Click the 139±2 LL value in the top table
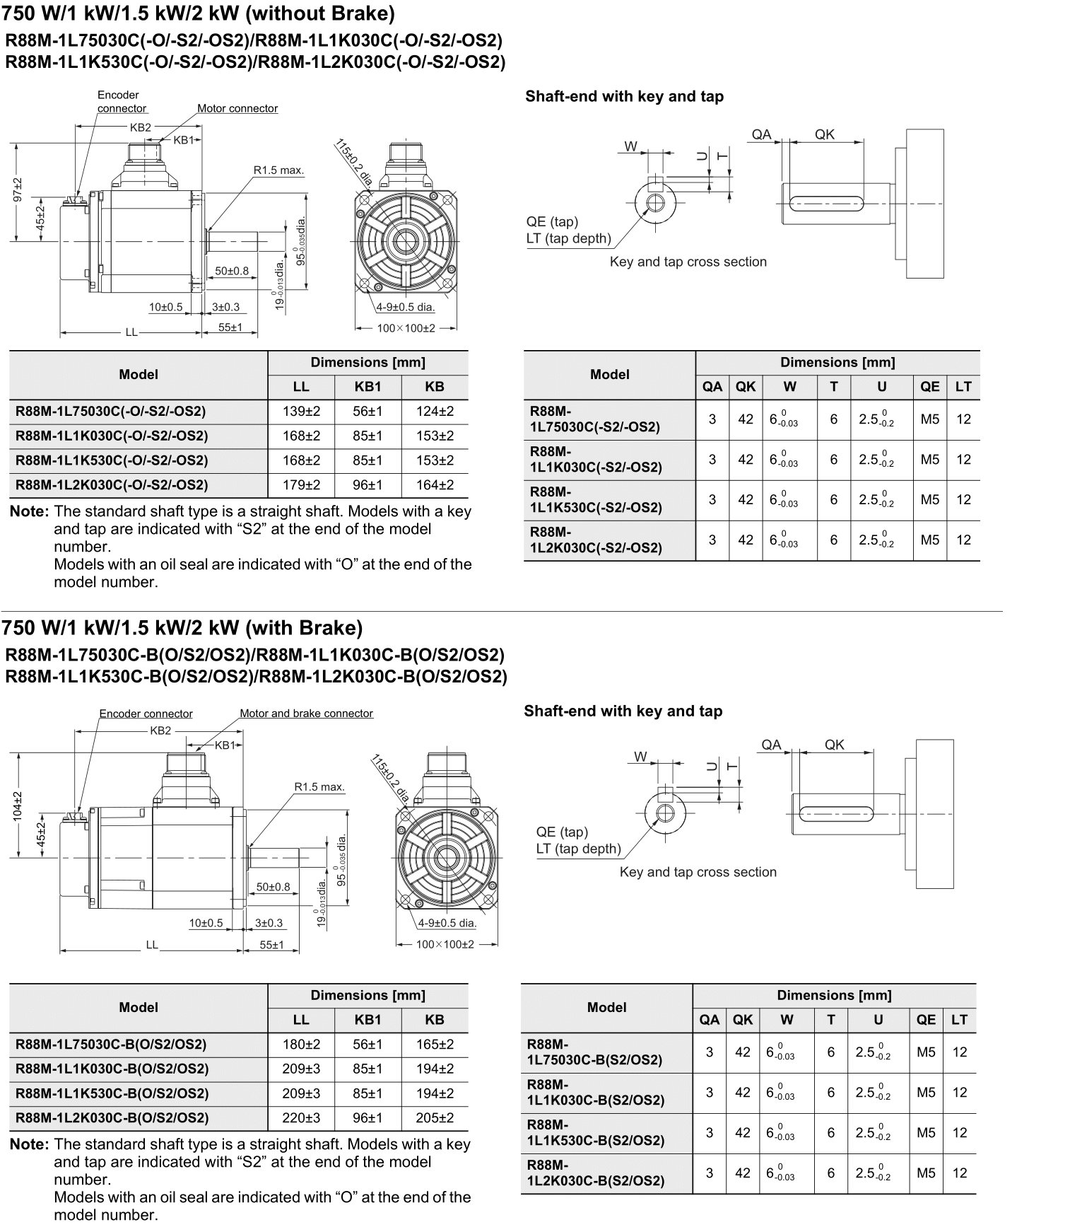click(x=301, y=412)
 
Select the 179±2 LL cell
click(x=301, y=485)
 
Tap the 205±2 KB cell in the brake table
click(x=435, y=1118)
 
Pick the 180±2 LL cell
click(x=301, y=1045)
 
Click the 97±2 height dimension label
click(x=18, y=190)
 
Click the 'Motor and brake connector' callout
click(x=306, y=714)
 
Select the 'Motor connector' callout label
click(x=237, y=109)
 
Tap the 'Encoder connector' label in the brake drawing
click(x=146, y=714)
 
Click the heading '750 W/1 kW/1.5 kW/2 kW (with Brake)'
click(x=182, y=628)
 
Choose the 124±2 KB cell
click(x=435, y=412)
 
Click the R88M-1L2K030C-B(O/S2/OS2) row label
click(x=112, y=1118)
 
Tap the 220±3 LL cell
click(x=301, y=1118)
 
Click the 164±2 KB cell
click(x=435, y=485)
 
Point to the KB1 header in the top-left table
click(x=368, y=387)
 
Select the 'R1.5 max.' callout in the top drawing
click(x=278, y=170)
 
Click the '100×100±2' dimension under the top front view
click(x=406, y=329)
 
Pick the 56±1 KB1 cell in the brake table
click(x=368, y=1045)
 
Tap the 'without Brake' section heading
click(x=199, y=13)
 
